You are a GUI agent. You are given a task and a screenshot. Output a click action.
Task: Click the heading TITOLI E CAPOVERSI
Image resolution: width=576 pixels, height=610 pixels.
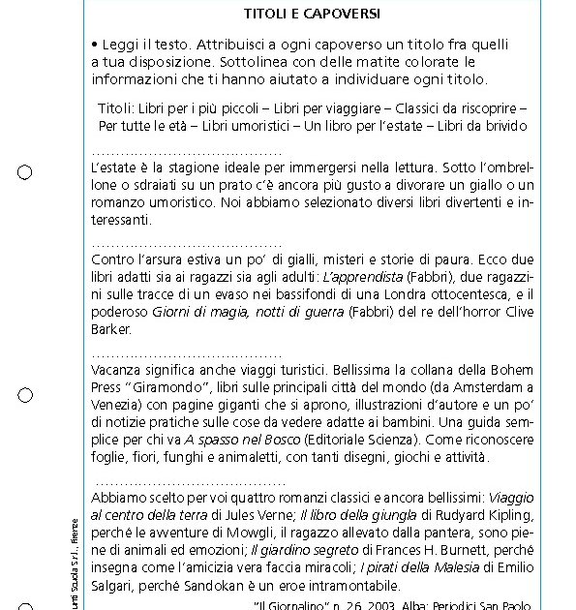coord(312,15)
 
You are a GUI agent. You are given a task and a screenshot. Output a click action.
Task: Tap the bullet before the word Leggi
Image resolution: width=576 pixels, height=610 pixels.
coord(95,45)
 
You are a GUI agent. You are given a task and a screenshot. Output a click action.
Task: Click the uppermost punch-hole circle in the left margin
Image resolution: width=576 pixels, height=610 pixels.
coord(25,172)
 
